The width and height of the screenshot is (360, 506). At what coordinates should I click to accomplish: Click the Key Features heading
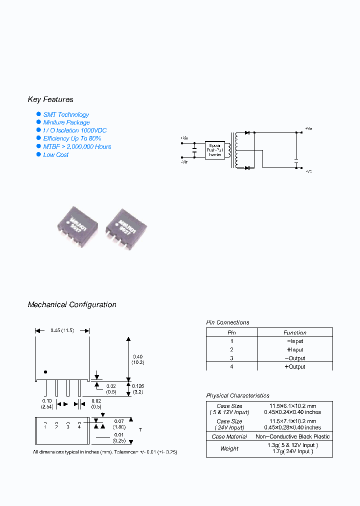click(x=50, y=99)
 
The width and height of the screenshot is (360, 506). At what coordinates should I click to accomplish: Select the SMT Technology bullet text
click(x=66, y=114)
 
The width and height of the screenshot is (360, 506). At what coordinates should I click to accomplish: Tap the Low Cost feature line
click(x=55, y=154)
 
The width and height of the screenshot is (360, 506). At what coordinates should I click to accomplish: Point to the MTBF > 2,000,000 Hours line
click(x=77, y=146)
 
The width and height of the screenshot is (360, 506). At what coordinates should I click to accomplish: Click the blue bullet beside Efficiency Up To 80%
click(x=38, y=138)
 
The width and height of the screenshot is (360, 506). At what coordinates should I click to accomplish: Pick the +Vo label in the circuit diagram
click(x=308, y=128)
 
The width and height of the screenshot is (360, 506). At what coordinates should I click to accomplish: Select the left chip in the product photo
click(x=77, y=224)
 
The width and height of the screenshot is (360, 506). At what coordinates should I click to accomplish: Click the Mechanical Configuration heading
click(x=72, y=304)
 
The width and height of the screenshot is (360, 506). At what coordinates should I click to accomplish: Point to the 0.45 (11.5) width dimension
click(x=62, y=330)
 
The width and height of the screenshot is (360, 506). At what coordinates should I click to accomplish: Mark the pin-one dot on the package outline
click(x=45, y=371)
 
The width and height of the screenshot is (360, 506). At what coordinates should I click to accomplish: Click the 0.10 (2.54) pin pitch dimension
click(x=47, y=403)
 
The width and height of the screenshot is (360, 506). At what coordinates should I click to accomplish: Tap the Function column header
click(x=295, y=332)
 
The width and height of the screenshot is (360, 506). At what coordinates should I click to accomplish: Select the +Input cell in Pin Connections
click(x=294, y=349)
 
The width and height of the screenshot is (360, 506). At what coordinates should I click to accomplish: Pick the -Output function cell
click(x=294, y=358)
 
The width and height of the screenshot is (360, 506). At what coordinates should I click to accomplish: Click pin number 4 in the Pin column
click(x=231, y=366)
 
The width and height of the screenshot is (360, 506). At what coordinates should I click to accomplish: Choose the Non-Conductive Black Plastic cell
click(x=292, y=436)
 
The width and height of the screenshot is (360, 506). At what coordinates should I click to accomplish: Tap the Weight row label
click(x=229, y=448)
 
